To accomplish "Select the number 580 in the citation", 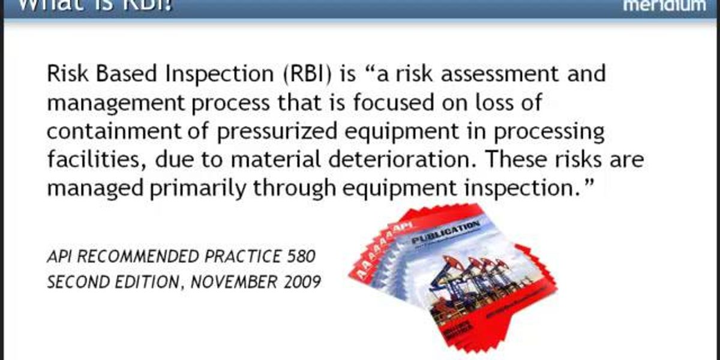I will pyautogui.click(x=298, y=257).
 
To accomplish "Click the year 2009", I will pyautogui.click(x=301, y=281).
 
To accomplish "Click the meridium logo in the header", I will pyautogui.click(x=664, y=6).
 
